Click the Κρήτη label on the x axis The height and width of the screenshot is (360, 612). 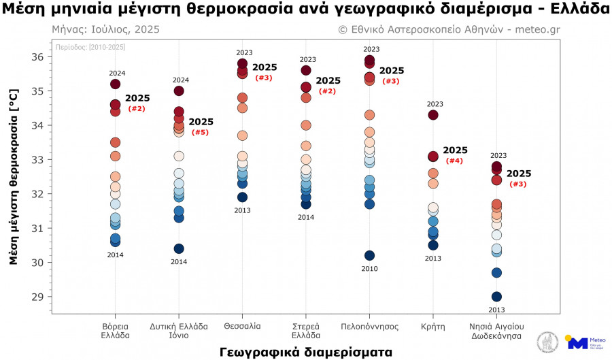(x=433, y=326)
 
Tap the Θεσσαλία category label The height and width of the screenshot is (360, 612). (x=242, y=326)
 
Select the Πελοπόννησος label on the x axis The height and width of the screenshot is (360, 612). (x=369, y=326)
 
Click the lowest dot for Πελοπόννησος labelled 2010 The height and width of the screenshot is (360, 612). (x=370, y=255)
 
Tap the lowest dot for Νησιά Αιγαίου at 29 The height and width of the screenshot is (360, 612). (x=496, y=297)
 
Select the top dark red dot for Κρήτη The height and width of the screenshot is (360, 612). (x=433, y=115)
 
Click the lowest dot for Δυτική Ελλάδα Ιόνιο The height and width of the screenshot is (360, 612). (x=179, y=248)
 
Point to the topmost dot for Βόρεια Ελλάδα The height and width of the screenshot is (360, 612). (x=115, y=84)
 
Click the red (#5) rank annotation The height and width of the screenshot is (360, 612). (x=200, y=132)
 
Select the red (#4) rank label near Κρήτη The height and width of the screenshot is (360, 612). (x=454, y=161)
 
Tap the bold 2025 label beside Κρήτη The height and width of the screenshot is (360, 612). (x=455, y=150)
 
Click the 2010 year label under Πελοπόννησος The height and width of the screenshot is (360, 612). (x=370, y=269)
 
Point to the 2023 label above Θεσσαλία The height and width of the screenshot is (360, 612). (x=244, y=52)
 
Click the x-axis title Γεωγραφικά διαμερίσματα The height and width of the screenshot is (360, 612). (x=305, y=352)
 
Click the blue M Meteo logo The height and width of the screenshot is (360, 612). (x=577, y=342)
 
